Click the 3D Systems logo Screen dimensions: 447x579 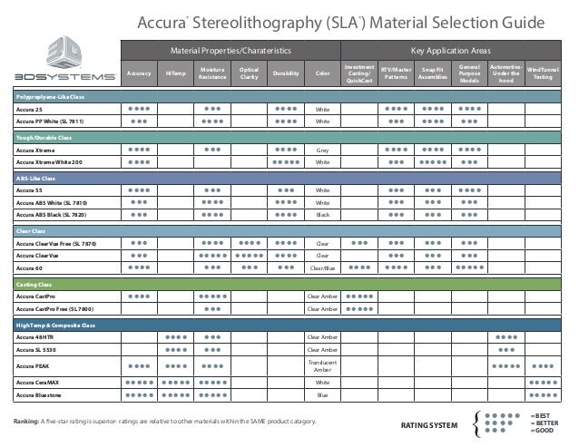(x=60, y=56)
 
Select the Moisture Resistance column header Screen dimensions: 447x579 (x=213, y=74)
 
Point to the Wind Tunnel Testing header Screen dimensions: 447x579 (x=543, y=74)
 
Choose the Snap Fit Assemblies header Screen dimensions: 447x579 (x=433, y=74)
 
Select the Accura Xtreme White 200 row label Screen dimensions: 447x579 (x=48, y=162)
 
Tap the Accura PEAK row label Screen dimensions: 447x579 (x=32, y=365)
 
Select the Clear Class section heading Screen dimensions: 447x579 (x=30, y=230)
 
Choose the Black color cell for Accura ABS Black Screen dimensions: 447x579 (x=322, y=216)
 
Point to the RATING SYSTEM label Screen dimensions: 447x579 (x=429, y=424)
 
